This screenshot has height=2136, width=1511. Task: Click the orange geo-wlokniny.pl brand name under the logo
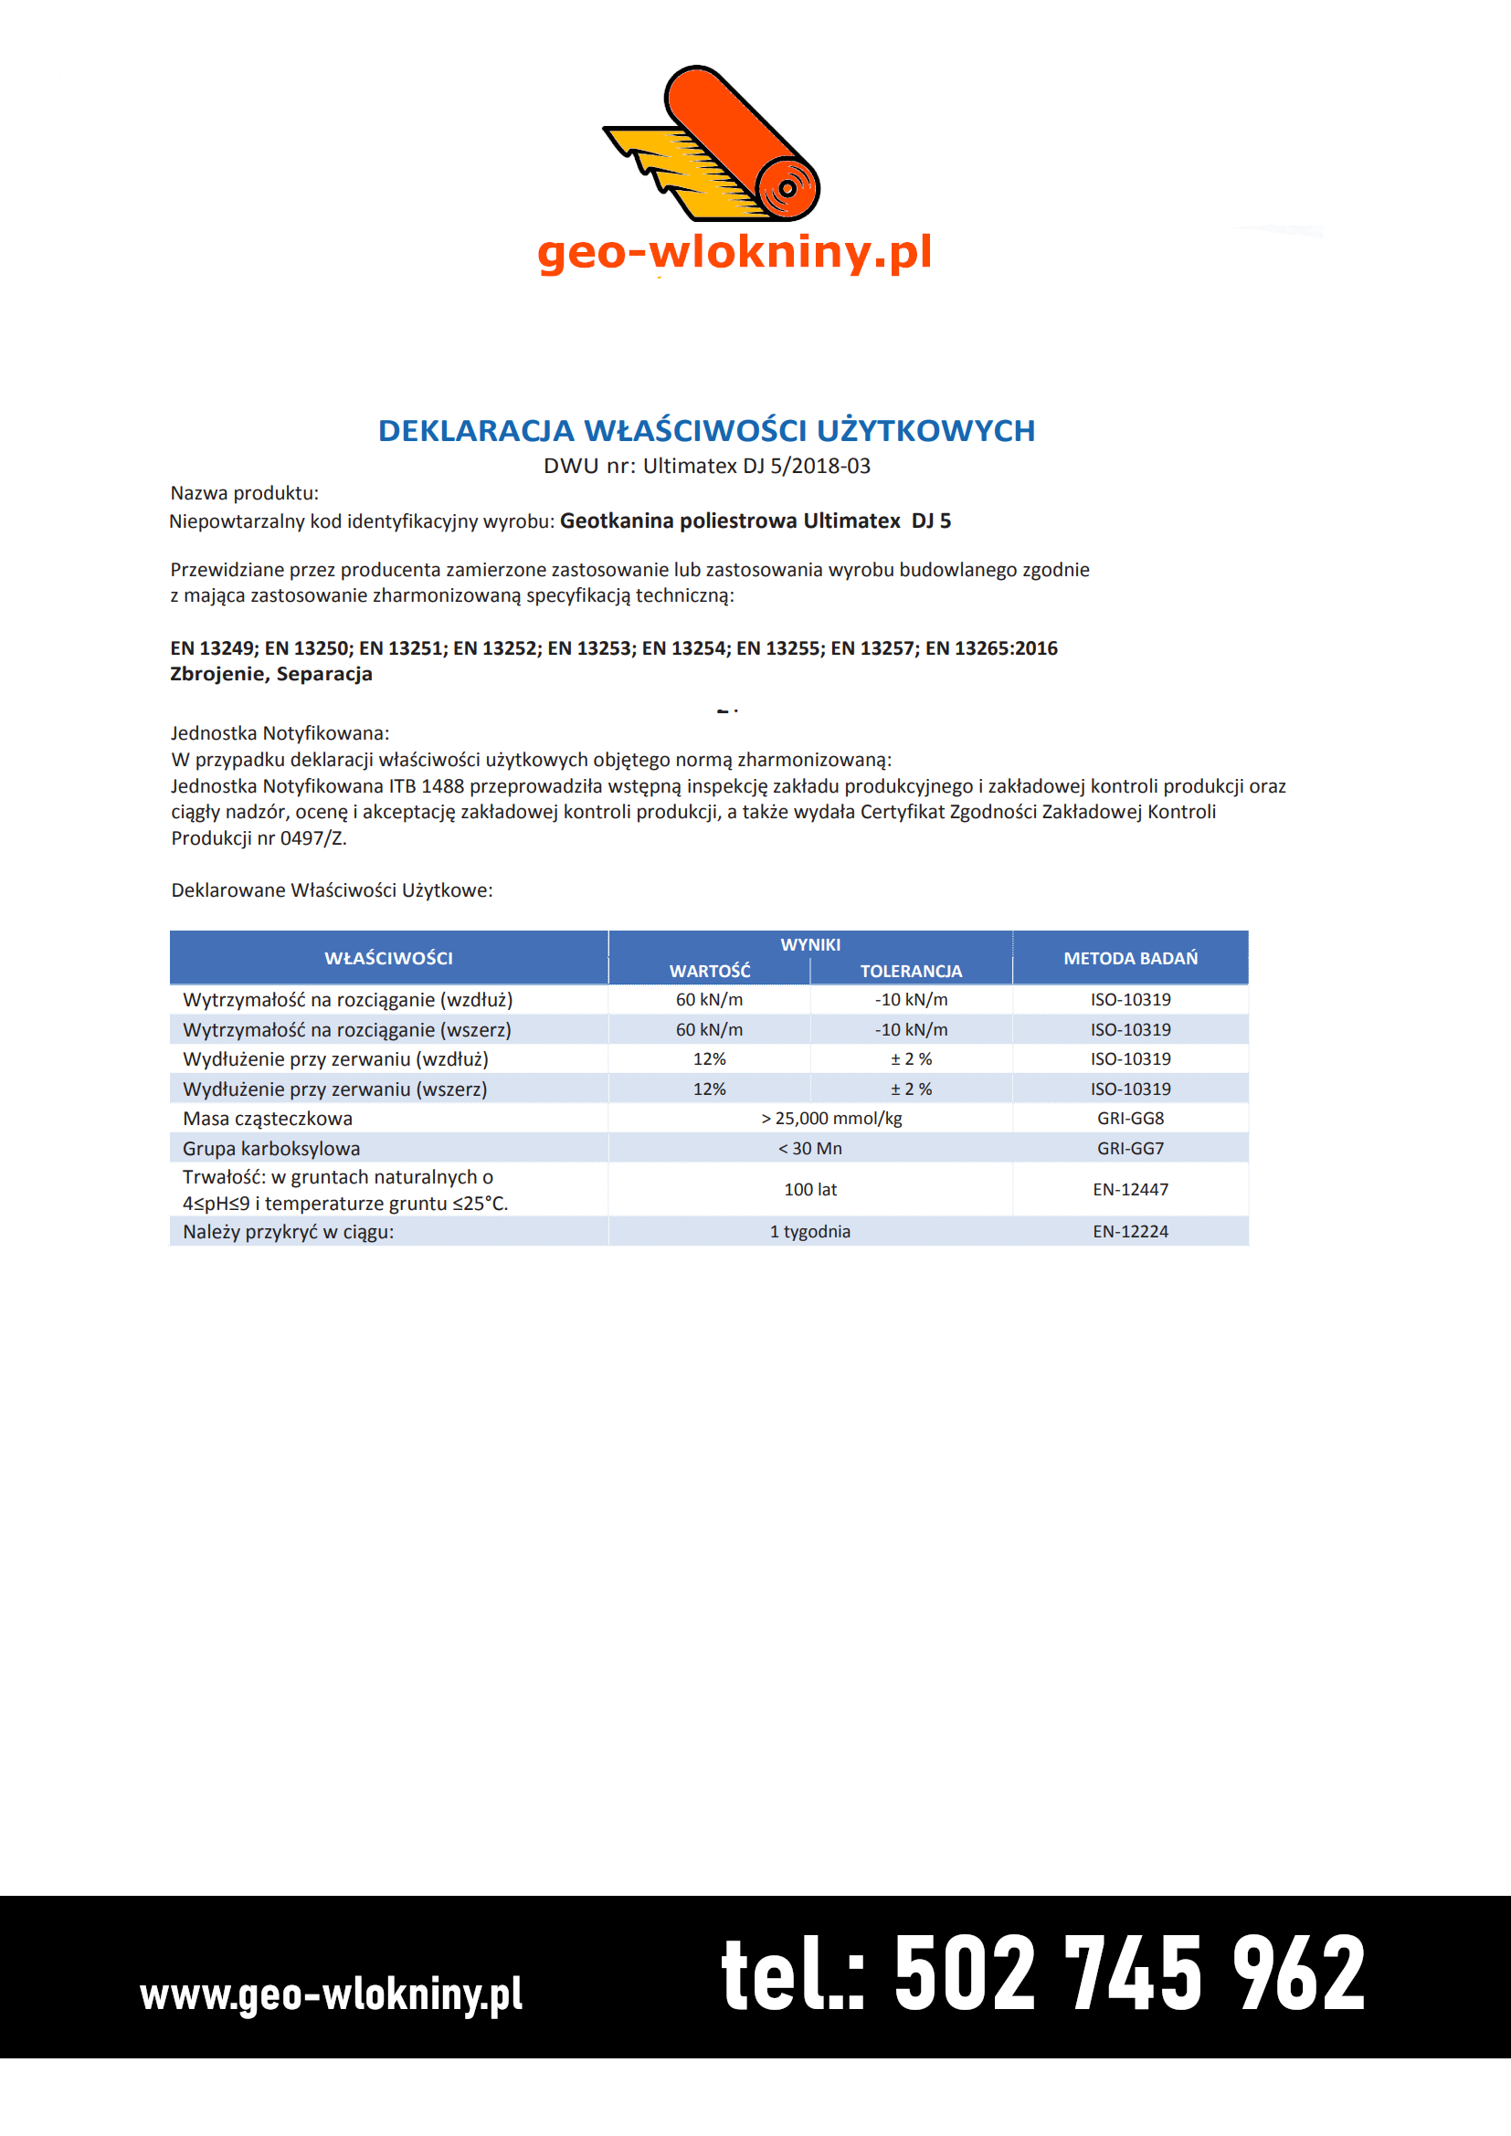coord(734,252)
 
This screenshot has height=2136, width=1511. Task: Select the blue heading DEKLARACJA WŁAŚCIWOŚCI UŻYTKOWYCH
coord(706,431)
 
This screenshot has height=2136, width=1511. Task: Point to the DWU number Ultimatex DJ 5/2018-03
coord(756,466)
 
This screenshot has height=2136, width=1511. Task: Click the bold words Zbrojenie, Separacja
coord(270,675)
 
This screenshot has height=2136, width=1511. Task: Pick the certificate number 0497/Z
coord(312,838)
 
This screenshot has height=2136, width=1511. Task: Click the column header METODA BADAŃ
coord(1129,958)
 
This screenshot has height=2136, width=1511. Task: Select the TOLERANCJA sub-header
coord(910,972)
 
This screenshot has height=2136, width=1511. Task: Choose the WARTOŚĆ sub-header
coord(709,972)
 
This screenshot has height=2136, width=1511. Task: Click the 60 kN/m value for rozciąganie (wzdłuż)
coord(709,1000)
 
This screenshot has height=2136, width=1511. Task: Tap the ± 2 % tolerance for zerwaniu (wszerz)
coord(911,1089)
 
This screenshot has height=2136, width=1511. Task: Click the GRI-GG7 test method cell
coord(1129,1149)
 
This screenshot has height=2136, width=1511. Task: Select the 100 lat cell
coord(809,1190)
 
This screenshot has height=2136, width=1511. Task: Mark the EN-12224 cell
coord(1129,1232)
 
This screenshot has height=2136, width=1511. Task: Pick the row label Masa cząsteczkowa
coord(268,1120)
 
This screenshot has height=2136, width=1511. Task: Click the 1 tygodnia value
coord(809,1232)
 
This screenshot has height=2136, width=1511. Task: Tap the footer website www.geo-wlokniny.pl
coord(332,1994)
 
